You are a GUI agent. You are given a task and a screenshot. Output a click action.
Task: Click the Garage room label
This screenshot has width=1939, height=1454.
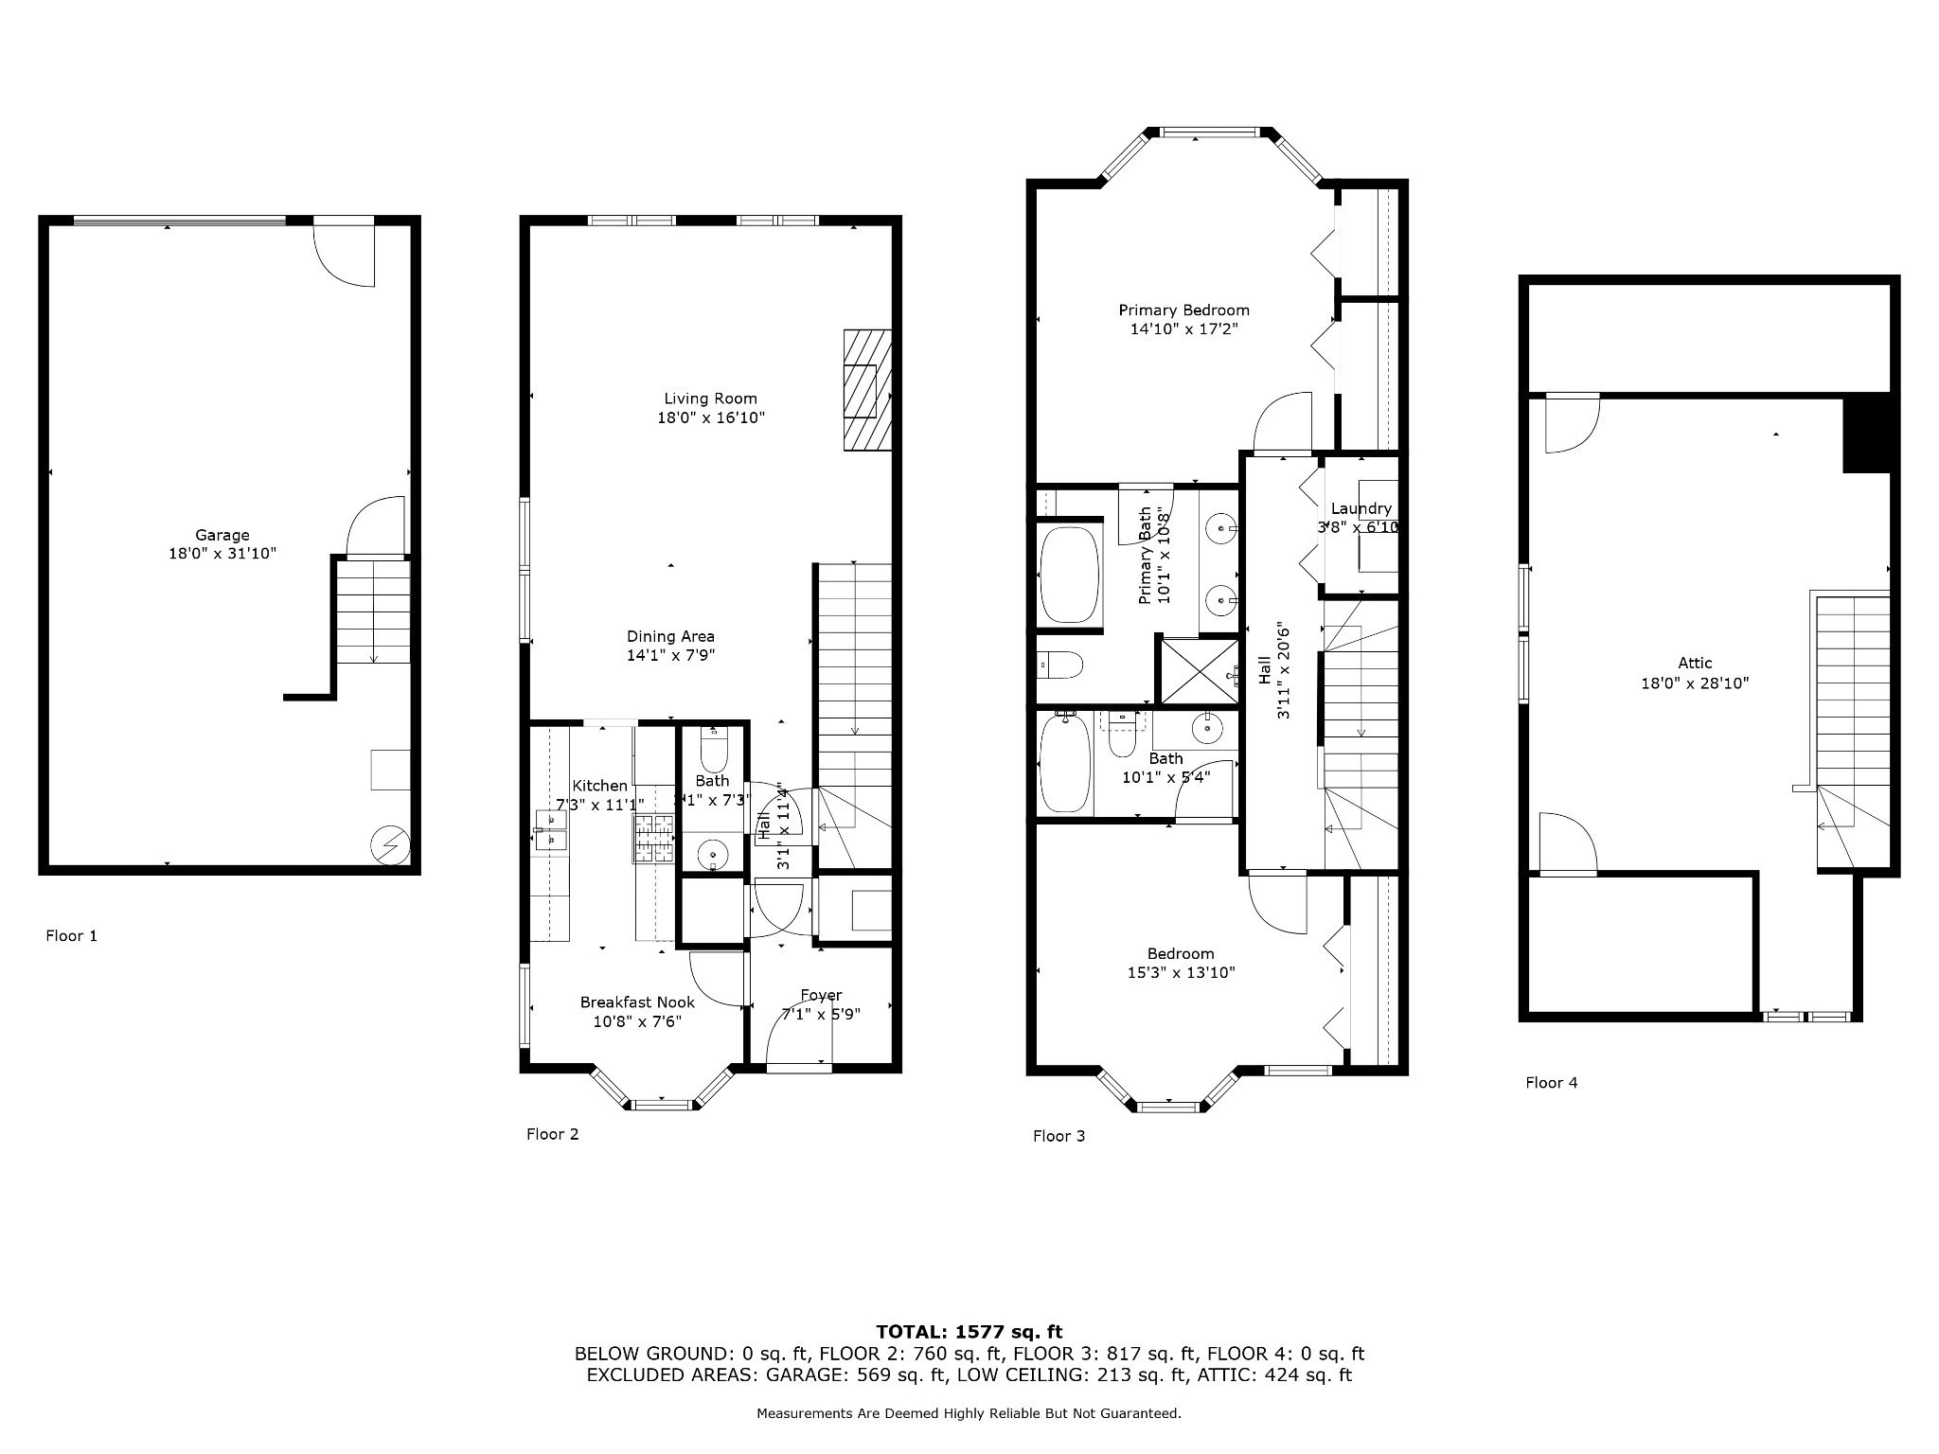pyautogui.click(x=222, y=535)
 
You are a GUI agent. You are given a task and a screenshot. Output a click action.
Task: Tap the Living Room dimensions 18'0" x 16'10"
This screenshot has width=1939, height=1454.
pyautogui.click(x=710, y=417)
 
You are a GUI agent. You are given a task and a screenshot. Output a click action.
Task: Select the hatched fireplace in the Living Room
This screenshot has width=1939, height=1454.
pyautogui.click(x=867, y=389)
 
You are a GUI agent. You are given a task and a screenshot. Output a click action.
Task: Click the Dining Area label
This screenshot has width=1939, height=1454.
pyautogui.click(x=670, y=636)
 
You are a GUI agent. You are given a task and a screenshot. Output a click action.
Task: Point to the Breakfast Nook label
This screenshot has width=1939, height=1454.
pyautogui.click(x=637, y=1002)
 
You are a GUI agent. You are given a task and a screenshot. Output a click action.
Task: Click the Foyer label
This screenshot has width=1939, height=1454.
pyautogui.click(x=820, y=995)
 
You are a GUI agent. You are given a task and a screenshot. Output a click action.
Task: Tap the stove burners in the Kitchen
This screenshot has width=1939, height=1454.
pyautogui.click(x=653, y=837)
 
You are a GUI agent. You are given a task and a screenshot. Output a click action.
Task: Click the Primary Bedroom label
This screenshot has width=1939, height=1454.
pyautogui.click(x=1183, y=310)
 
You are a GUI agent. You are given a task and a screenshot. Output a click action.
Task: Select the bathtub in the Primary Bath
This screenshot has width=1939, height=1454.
pyautogui.click(x=1070, y=574)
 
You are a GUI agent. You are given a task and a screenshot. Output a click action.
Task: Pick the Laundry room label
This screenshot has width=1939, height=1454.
pyautogui.click(x=1361, y=508)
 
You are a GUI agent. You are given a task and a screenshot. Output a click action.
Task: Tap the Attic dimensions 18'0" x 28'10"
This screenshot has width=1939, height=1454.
pyautogui.click(x=1695, y=683)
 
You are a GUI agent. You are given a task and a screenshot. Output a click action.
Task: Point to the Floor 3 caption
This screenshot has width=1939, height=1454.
pyautogui.click(x=1058, y=1136)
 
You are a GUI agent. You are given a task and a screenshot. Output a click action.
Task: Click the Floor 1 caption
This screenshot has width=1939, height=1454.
pyautogui.click(x=71, y=935)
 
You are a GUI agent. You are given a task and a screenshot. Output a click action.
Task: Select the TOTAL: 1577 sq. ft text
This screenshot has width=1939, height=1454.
pyautogui.click(x=969, y=1332)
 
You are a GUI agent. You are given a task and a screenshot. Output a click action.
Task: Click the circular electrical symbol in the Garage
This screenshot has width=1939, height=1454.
pyautogui.click(x=389, y=844)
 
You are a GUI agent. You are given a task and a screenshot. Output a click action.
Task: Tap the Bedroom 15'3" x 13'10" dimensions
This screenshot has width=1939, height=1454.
pyautogui.click(x=1180, y=972)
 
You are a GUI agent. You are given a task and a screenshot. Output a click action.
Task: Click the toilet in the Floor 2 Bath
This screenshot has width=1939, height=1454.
pyautogui.click(x=712, y=753)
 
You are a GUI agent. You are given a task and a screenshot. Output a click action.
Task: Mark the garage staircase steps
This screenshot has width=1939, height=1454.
pyautogui.click(x=375, y=611)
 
